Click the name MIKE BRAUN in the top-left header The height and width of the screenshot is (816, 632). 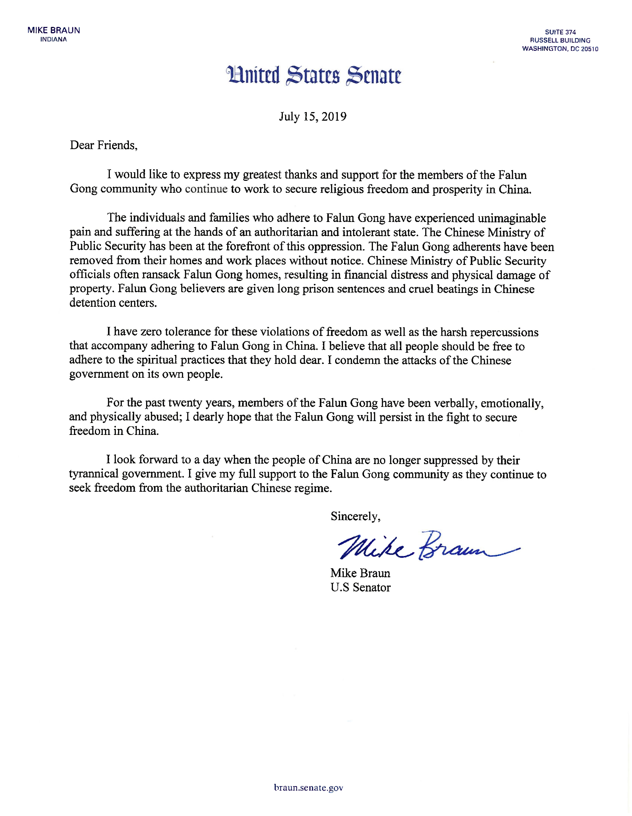(54, 31)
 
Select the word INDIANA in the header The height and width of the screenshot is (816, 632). (54, 40)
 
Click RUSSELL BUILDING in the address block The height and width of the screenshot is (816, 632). (560, 40)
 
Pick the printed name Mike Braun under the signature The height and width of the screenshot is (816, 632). (360, 573)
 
